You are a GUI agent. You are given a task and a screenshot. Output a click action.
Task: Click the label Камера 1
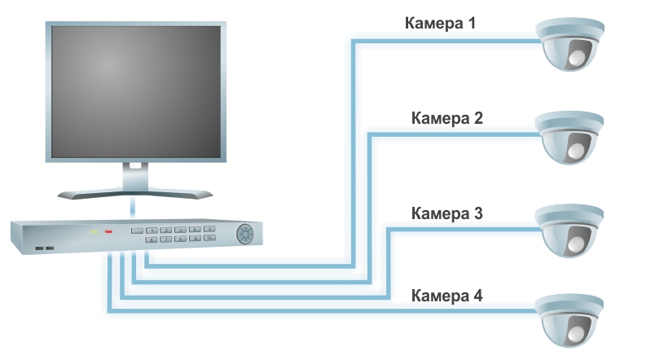[x=440, y=23]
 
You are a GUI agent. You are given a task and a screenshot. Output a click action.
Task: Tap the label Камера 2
[x=447, y=118]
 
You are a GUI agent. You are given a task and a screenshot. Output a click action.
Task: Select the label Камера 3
[x=447, y=214]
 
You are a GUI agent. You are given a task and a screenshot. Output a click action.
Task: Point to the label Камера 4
[x=447, y=295]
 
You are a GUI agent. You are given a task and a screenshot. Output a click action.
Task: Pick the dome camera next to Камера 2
[x=570, y=136]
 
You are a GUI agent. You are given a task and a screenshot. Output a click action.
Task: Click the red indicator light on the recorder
[x=108, y=232]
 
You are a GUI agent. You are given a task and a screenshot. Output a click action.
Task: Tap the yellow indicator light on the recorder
[x=94, y=232]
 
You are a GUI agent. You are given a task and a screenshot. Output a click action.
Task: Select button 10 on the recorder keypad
[x=209, y=239]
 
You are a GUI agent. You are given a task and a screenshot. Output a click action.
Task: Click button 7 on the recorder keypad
[x=165, y=239]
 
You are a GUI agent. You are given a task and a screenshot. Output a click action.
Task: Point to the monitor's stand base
[x=136, y=192]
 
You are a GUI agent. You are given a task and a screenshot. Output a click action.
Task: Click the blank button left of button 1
[x=151, y=230]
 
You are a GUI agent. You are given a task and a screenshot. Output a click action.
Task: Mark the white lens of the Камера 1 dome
[x=578, y=57]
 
